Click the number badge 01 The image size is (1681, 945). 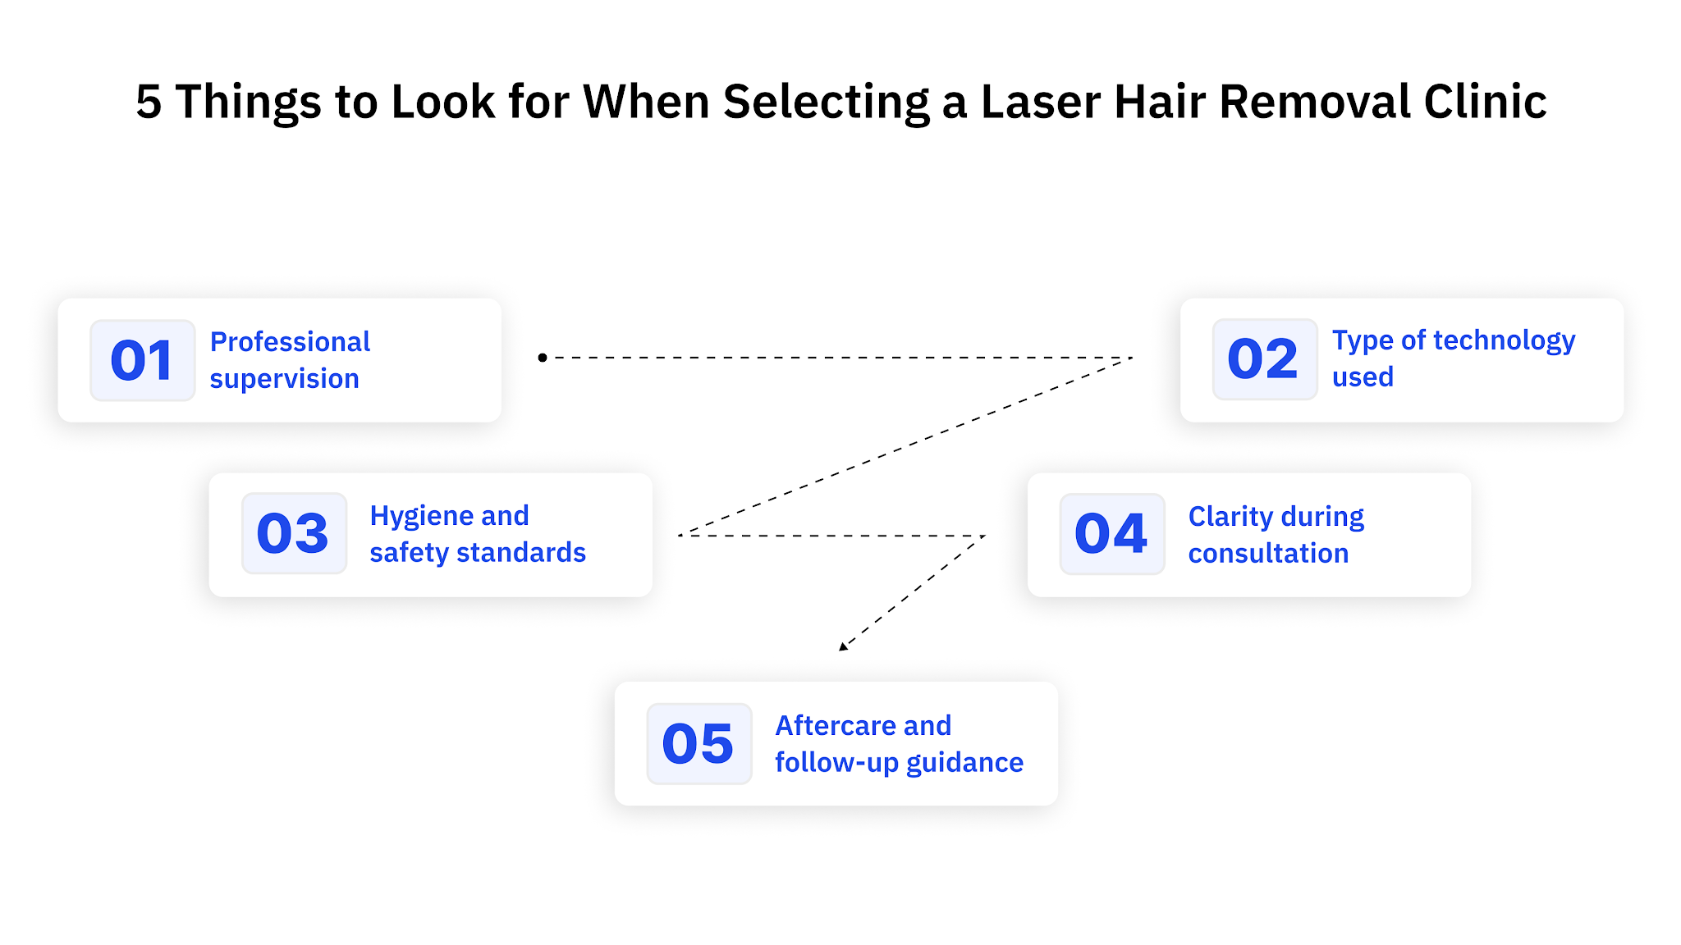[x=142, y=360]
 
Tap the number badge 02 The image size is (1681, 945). [x=1264, y=359]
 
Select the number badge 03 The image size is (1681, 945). [x=294, y=533]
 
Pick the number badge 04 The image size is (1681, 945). [x=1111, y=534]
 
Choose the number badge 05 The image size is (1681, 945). [x=699, y=744]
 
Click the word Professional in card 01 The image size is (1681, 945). [x=290, y=341]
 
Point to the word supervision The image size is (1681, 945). [x=284, y=379]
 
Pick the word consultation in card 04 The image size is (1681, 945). [x=1268, y=554]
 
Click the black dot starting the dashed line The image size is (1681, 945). [x=543, y=358]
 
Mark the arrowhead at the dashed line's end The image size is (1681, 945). [x=843, y=646]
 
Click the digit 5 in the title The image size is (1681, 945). [x=149, y=103]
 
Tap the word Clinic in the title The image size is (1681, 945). [x=1485, y=103]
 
